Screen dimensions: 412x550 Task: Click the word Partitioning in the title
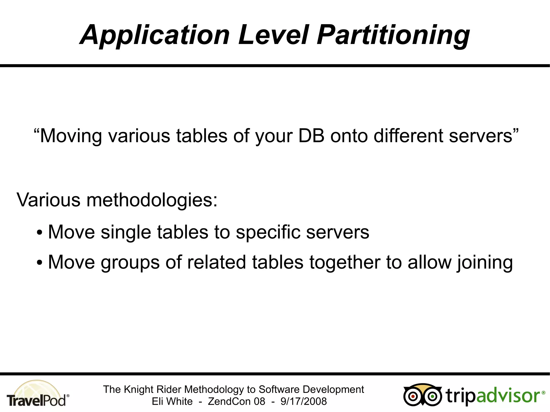click(x=393, y=36)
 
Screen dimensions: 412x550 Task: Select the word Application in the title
click(x=155, y=36)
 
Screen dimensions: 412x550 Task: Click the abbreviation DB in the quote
click(x=311, y=136)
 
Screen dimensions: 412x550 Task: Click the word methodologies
click(x=152, y=200)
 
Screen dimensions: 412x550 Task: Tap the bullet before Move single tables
click(x=40, y=233)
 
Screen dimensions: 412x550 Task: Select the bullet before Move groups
click(x=40, y=263)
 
